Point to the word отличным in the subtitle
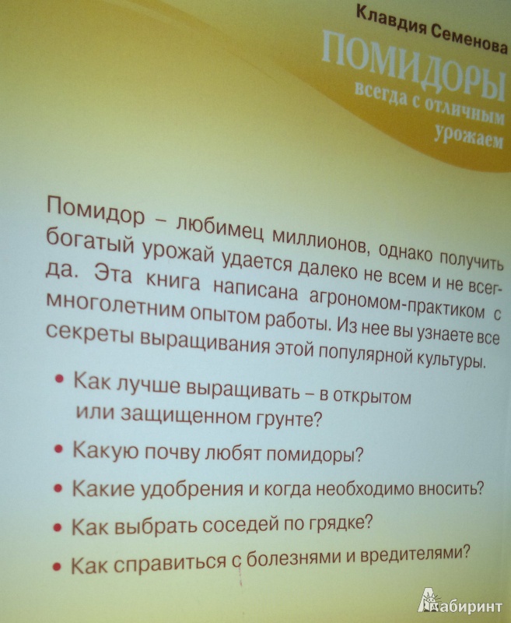[465, 111]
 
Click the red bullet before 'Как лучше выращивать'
[59, 378]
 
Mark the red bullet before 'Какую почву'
[58, 449]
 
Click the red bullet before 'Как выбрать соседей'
[58, 528]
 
